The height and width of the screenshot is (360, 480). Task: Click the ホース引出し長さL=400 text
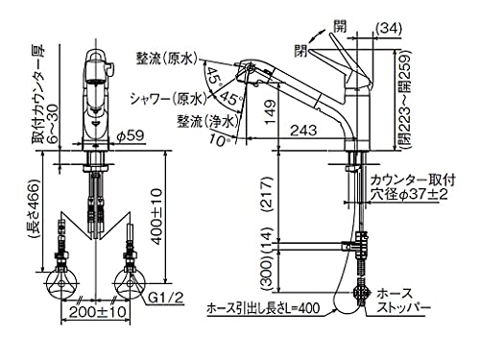coord(263,309)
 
